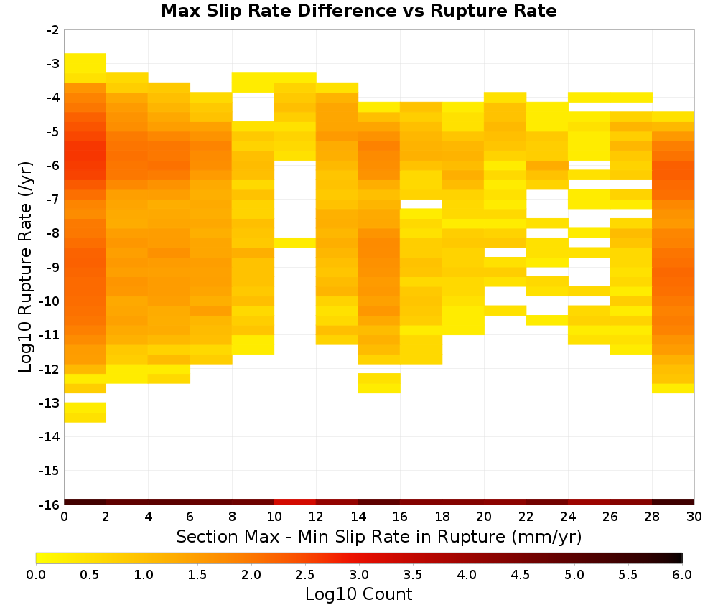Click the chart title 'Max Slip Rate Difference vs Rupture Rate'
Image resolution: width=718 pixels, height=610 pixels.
[x=359, y=10]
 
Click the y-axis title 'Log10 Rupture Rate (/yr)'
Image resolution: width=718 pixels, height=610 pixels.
[x=25, y=267]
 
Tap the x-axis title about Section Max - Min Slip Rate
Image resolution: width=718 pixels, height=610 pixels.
[x=379, y=536]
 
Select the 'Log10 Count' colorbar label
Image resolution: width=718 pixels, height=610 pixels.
[x=358, y=594]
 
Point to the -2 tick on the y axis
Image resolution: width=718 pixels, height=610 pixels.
[x=53, y=30]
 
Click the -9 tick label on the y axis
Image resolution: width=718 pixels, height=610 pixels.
[x=53, y=267]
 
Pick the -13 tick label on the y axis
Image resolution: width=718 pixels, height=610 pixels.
[x=50, y=403]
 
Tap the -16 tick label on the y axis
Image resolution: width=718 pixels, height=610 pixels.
[x=50, y=505]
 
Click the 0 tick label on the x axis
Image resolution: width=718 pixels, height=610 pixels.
[x=64, y=517]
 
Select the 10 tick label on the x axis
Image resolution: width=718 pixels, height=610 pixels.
[x=274, y=517]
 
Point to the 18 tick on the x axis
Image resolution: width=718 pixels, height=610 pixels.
[x=442, y=517]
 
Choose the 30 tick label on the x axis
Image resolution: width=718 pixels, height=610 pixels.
[x=694, y=517]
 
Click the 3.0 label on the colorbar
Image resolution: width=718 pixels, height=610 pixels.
[x=359, y=575]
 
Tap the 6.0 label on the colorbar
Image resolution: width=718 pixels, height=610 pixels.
[x=682, y=575]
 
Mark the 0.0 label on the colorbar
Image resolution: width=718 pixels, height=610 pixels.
[x=36, y=575]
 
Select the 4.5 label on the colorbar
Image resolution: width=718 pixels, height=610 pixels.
[x=521, y=575]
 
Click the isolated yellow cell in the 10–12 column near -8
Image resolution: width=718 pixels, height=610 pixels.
[x=295, y=243]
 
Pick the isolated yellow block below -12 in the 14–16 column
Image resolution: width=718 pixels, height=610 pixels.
[x=379, y=383]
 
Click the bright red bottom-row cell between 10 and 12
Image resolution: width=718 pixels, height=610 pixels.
[x=295, y=502]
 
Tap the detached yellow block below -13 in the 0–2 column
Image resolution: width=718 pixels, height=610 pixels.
[x=85, y=413]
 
